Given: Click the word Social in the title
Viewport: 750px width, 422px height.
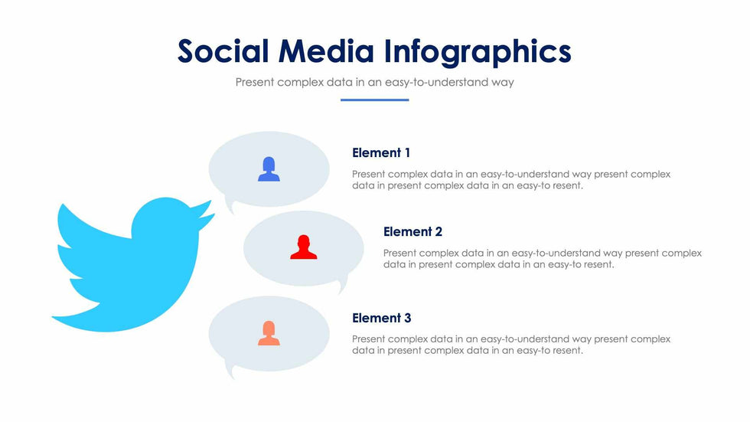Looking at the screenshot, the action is coord(223,51).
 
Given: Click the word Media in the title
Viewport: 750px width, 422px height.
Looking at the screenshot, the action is coord(326,51).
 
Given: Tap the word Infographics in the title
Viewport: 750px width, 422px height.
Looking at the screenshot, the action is coord(478,53).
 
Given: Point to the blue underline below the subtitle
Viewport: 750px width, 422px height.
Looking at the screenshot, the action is coord(374,100).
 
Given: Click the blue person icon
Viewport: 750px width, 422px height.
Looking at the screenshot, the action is coord(269,169).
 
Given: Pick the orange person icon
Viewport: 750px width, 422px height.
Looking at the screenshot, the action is coord(269,333).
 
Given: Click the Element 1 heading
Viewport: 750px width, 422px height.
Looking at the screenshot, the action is coord(381,152).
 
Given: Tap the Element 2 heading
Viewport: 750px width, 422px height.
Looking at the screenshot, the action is coord(412,231).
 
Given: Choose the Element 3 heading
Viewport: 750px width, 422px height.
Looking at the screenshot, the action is coord(381,318).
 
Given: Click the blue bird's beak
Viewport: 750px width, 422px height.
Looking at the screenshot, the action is coord(206,214).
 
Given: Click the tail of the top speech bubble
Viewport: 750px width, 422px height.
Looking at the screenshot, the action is coord(230,208).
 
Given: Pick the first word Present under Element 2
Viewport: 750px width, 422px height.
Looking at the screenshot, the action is coord(399,253).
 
